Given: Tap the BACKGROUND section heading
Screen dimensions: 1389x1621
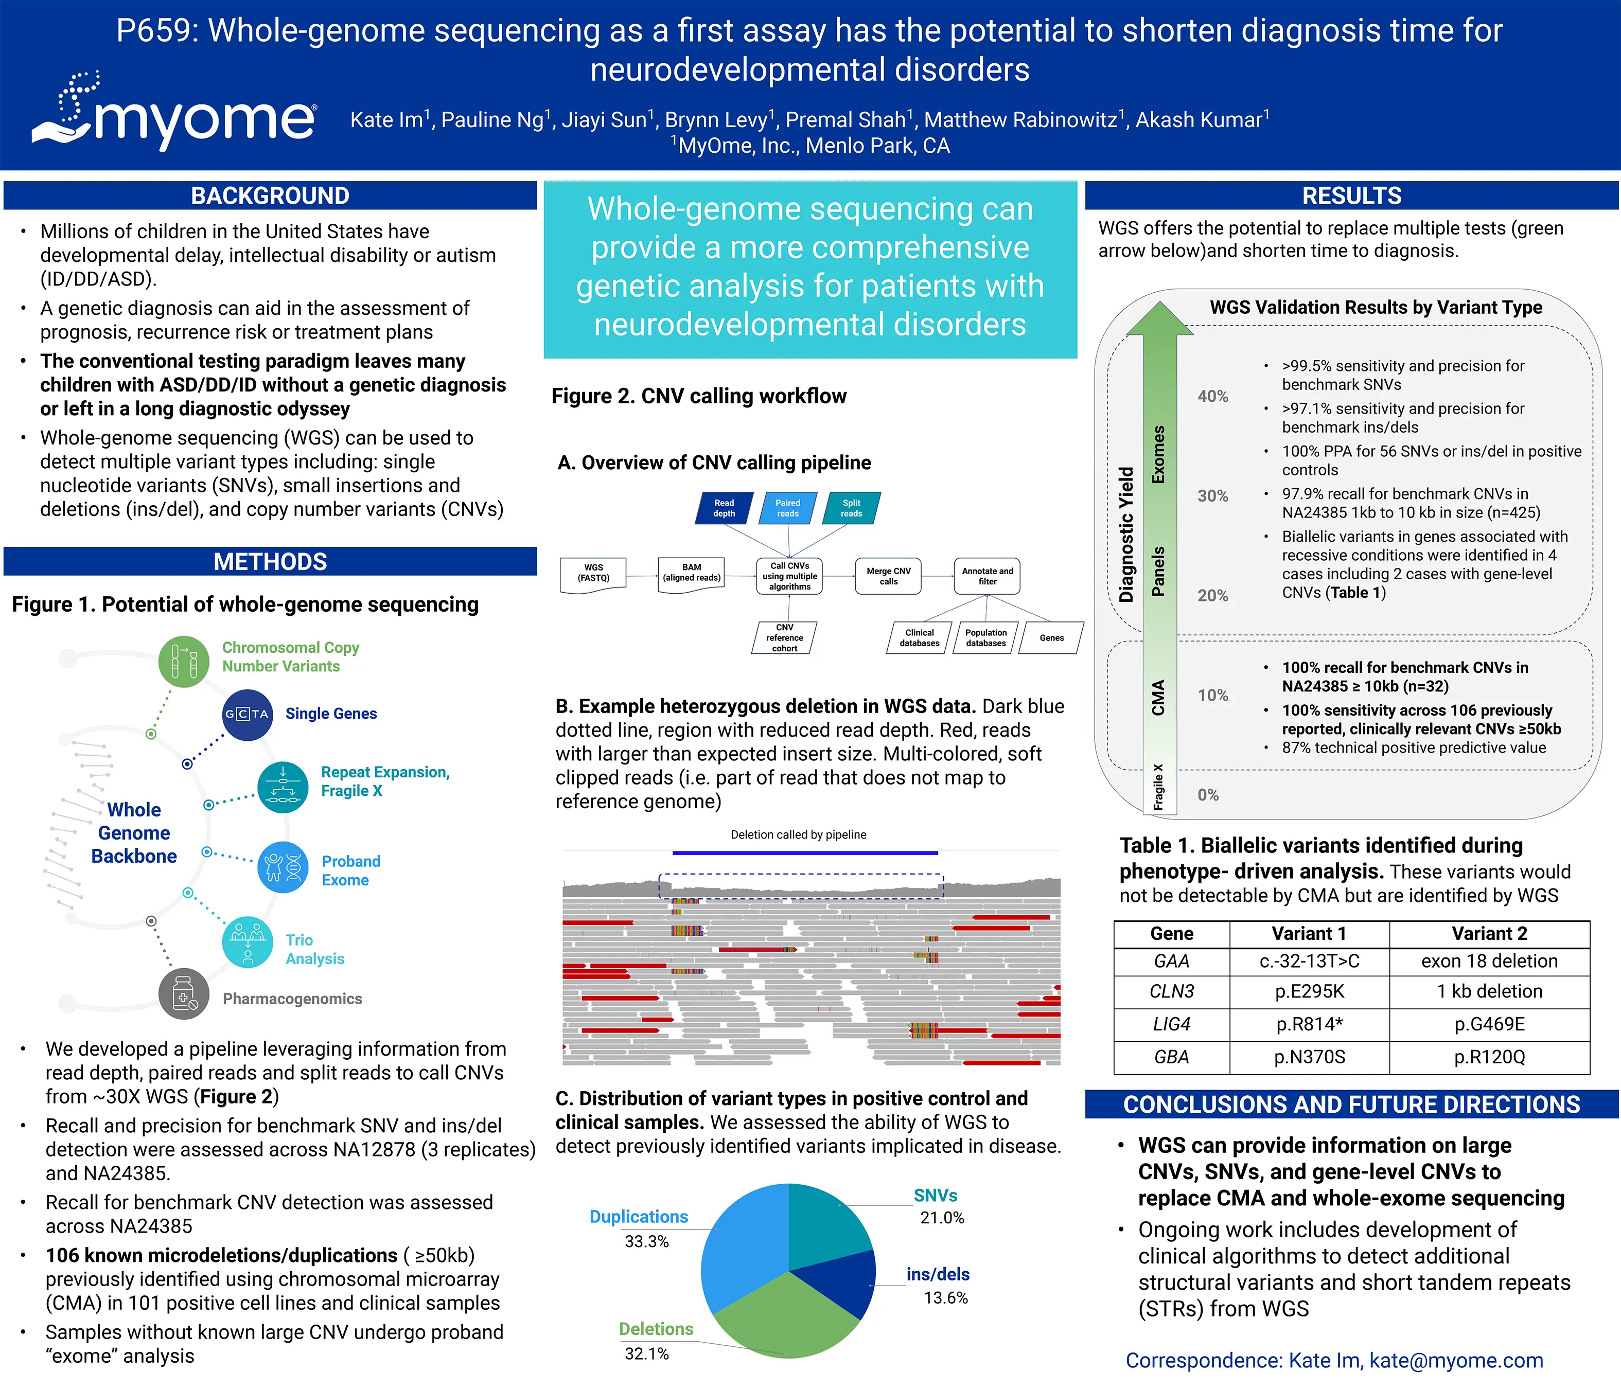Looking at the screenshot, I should [270, 195].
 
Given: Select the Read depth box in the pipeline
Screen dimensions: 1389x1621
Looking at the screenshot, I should [724, 508].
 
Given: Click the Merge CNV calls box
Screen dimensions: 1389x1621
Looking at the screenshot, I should [888, 576].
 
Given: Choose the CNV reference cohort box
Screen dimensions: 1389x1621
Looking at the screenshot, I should [785, 637].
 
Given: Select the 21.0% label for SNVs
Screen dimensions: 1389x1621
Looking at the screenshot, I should [942, 1218].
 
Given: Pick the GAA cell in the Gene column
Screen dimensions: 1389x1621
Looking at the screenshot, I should [1171, 961].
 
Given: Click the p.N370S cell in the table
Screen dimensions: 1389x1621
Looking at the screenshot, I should [1309, 1057].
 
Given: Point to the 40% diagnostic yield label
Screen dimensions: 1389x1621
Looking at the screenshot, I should [1212, 397].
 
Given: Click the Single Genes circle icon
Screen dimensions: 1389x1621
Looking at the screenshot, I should [247, 714].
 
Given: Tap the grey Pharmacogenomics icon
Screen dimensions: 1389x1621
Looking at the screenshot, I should [184, 994].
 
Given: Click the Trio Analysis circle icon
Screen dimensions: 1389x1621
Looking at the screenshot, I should [247, 942].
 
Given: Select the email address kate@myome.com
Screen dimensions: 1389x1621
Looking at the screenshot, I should [1456, 1360].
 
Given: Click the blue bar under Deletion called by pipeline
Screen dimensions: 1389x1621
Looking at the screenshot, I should [804, 852].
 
